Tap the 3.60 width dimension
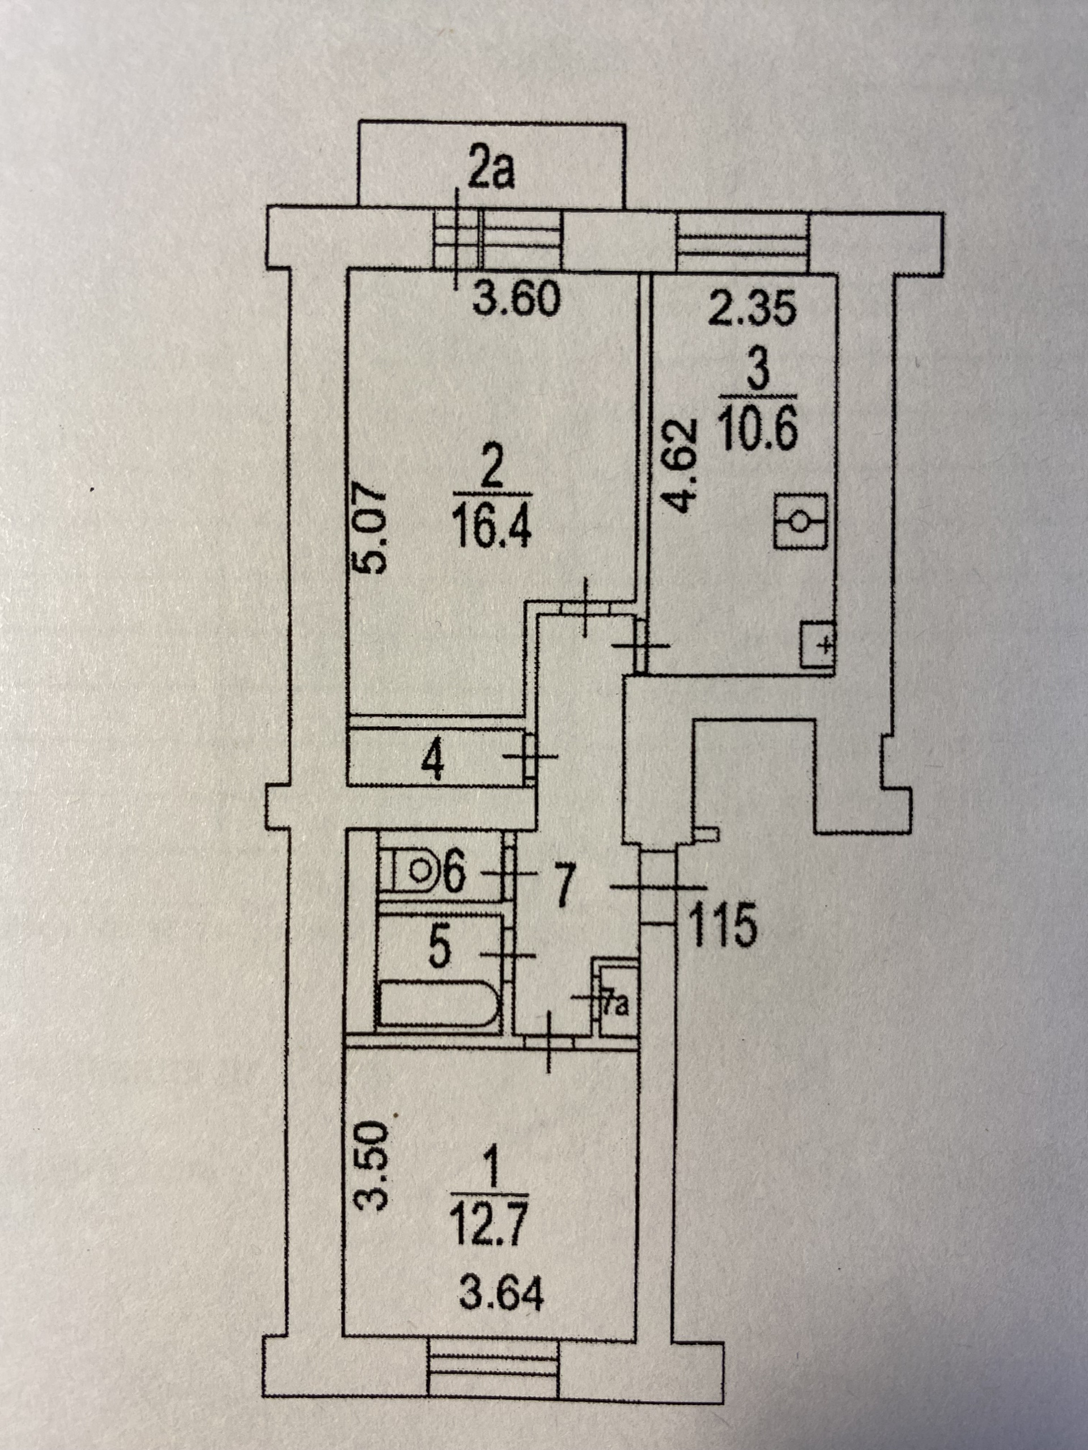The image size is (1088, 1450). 517,300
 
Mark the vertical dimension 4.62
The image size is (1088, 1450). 678,466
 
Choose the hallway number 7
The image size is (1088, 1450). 566,884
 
